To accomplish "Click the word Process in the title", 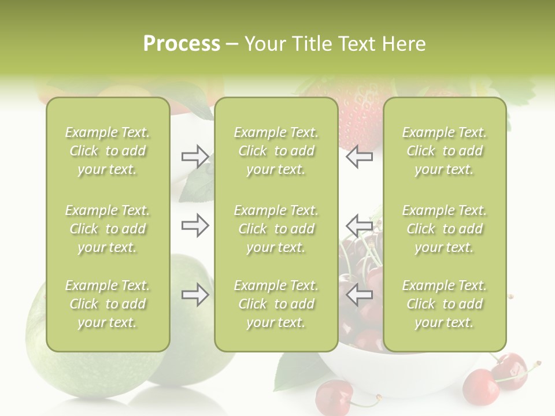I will pyautogui.click(x=182, y=44).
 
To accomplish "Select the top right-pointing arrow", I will pyautogui.click(x=195, y=157).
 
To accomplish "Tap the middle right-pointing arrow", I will pyautogui.click(x=195, y=225).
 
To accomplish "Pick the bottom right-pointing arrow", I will pyautogui.click(x=195, y=295).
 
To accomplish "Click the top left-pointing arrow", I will pyautogui.click(x=359, y=157).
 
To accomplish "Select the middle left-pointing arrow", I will pyautogui.click(x=359, y=225).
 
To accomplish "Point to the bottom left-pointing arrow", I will pyautogui.click(x=359, y=295).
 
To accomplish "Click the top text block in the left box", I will pyautogui.click(x=108, y=151).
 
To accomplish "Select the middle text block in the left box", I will pyautogui.click(x=108, y=229).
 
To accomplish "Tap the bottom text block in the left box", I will pyautogui.click(x=108, y=304).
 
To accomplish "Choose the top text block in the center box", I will pyautogui.click(x=276, y=151).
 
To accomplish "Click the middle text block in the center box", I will pyautogui.click(x=276, y=229).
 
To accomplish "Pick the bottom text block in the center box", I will pyautogui.click(x=276, y=304).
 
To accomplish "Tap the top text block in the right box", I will pyautogui.click(x=445, y=151).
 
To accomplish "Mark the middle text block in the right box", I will pyautogui.click(x=445, y=229).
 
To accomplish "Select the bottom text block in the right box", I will pyautogui.click(x=445, y=304).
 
